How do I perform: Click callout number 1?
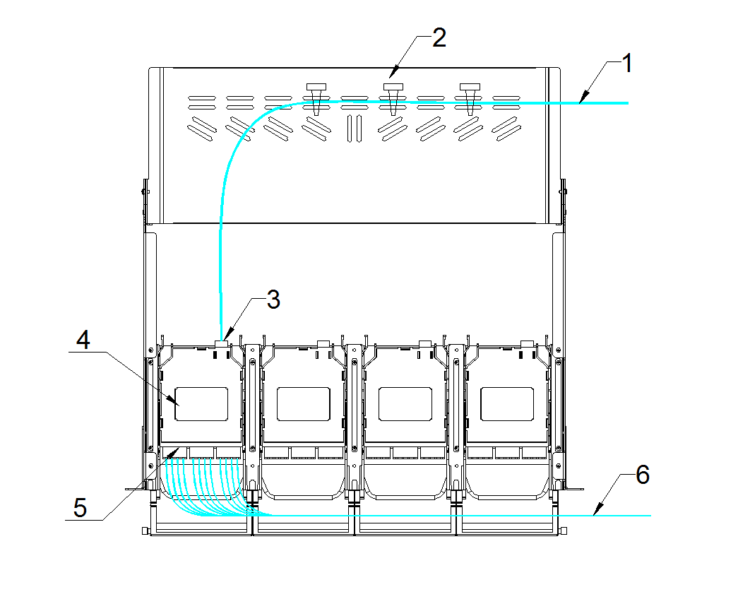pos(625,64)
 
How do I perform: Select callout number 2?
pos(439,37)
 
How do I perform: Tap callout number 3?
pos(273,300)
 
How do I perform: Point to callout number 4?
pos(83,342)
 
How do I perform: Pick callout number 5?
pos(81,508)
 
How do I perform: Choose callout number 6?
pos(642,475)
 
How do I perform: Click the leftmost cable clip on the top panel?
pos(316,95)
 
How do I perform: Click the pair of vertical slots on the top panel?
pos(355,126)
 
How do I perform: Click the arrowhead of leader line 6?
pos(595,513)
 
